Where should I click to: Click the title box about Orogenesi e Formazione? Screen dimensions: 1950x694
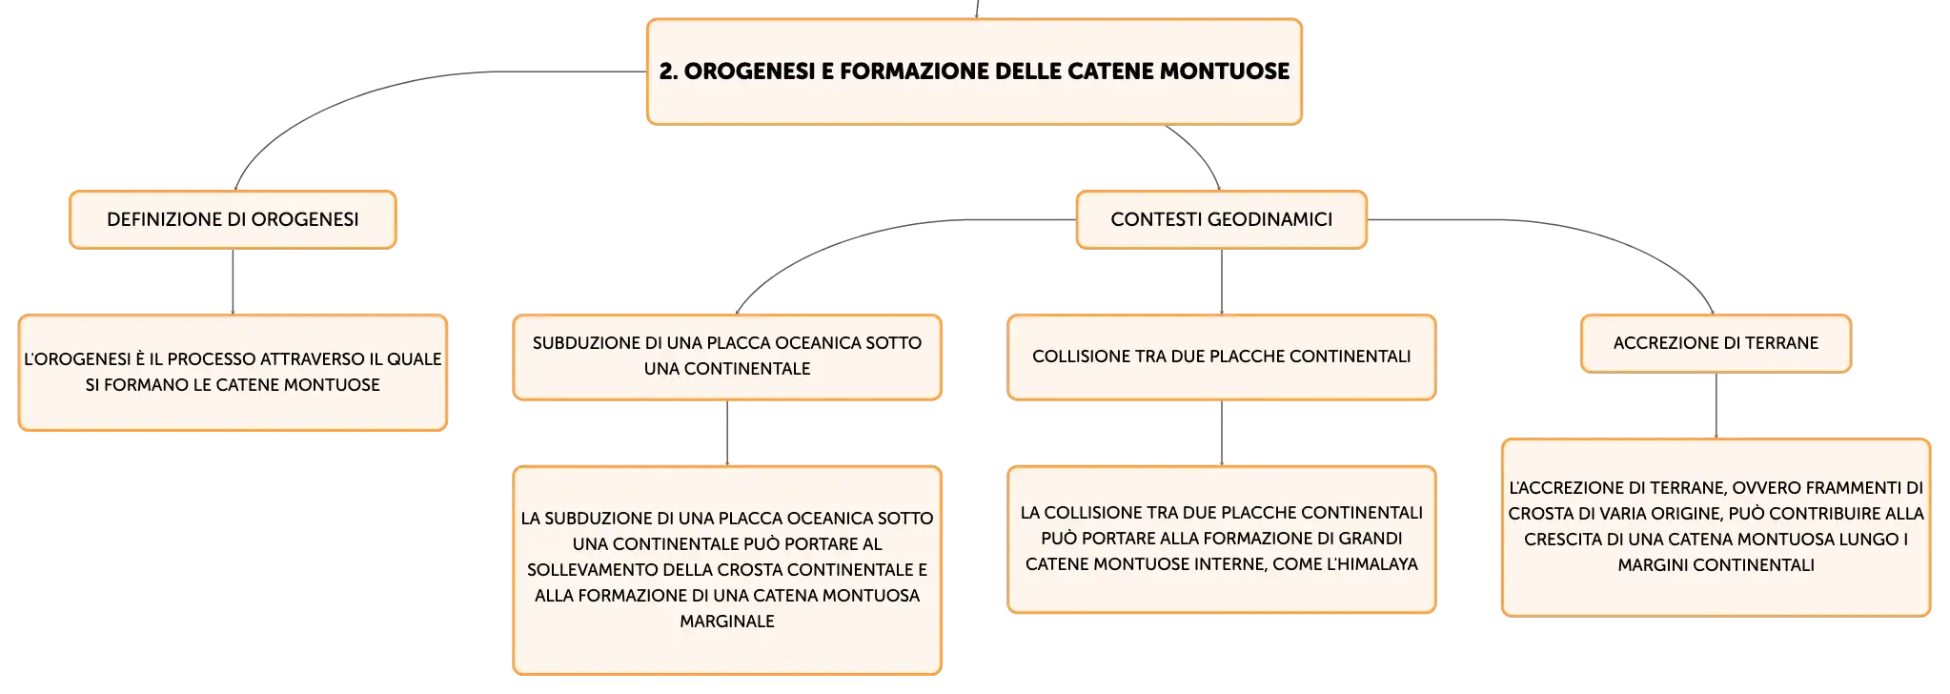click(974, 71)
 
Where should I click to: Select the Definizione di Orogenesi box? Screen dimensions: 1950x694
click(233, 219)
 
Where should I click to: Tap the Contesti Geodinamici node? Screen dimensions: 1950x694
click(1222, 219)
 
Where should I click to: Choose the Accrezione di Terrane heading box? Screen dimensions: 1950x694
click(1716, 343)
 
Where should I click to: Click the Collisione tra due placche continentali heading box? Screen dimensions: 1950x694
click(1222, 357)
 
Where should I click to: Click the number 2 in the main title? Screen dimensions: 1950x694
click(667, 71)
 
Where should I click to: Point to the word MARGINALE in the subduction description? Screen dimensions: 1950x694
click(727, 622)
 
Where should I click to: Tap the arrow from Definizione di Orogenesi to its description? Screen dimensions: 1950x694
click(233, 282)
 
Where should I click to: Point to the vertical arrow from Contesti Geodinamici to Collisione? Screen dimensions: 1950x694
click(1222, 282)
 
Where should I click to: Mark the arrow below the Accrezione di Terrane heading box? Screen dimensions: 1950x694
click(1716, 406)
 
